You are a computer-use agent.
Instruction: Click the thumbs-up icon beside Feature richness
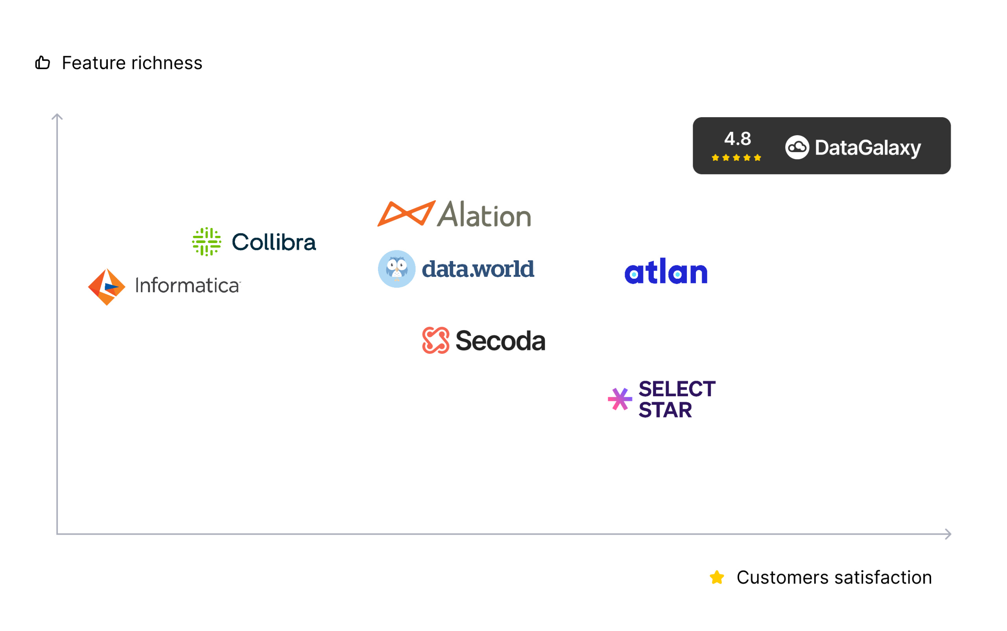click(x=42, y=63)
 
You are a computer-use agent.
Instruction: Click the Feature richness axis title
click(x=132, y=63)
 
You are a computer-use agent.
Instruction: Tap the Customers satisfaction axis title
click(x=834, y=578)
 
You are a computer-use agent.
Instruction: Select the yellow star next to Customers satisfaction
click(x=717, y=578)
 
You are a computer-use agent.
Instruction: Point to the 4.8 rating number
click(x=737, y=138)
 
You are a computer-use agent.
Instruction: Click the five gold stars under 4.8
click(x=736, y=157)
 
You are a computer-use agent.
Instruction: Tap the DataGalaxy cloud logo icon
click(x=797, y=147)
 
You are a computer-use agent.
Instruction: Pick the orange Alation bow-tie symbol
click(x=407, y=213)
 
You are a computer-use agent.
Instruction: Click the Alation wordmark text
click(x=484, y=214)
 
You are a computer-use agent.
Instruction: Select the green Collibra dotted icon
click(x=207, y=242)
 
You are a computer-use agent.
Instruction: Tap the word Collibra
click(x=274, y=242)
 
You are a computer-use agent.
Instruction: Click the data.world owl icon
click(x=397, y=269)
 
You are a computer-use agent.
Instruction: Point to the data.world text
click(x=478, y=269)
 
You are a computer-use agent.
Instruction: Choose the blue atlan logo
click(x=666, y=271)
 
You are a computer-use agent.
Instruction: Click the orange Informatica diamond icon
click(x=107, y=287)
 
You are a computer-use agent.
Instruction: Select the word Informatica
click(x=188, y=285)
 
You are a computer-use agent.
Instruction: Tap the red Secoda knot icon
click(x=436, y=340)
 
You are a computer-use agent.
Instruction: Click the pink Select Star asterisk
click(x=620, y=399)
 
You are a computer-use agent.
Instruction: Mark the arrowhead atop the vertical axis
click(x=57, y=116)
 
